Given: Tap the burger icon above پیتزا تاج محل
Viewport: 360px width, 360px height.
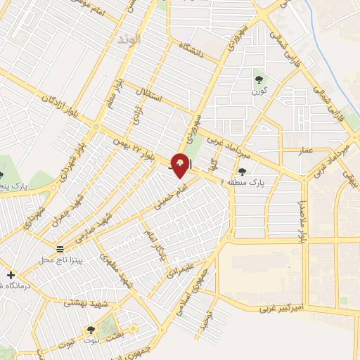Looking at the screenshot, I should pos(60,250).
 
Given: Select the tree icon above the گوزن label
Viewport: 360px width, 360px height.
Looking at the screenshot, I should pos(258,78).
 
